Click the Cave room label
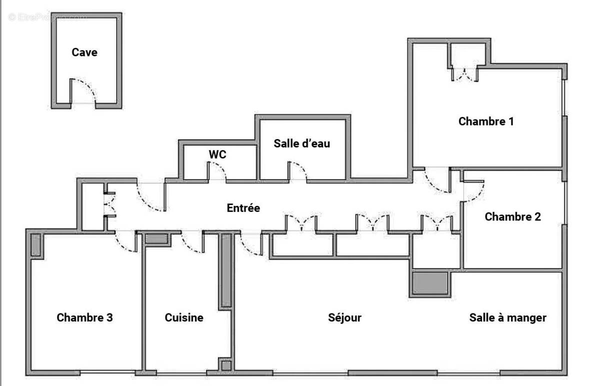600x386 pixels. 84,52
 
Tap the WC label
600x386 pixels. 217,154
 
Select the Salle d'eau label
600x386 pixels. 302,143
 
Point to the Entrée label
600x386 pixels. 243,208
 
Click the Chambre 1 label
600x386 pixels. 486,121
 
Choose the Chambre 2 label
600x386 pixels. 512,216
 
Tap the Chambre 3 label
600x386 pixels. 84,317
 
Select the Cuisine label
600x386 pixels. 184,317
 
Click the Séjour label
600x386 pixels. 344,317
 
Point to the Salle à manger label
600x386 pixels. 507,317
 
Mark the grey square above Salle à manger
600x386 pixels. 429,282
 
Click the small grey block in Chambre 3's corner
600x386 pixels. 35,244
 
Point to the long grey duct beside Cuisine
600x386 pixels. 226,270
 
